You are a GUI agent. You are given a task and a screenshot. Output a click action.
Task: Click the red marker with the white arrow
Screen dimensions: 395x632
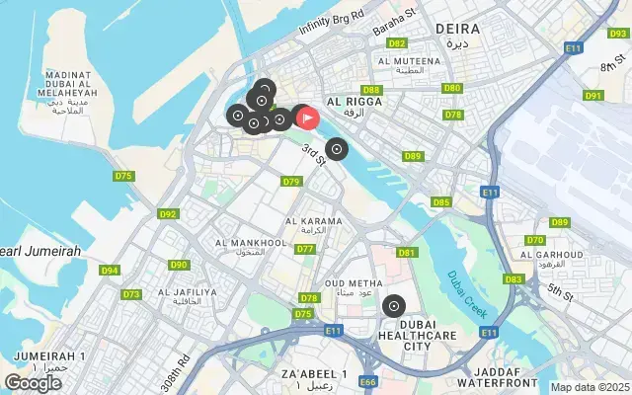pyautogui.click(x=307, y=118)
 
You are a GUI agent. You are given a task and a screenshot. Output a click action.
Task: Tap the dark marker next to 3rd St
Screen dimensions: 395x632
pyautogui.click(x=337, y=149)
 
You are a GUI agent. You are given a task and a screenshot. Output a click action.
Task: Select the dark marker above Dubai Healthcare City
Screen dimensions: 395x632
pyautogui.click(x=394, y=306)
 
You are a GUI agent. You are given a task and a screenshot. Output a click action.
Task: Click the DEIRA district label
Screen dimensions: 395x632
pyautogui.click(x=457, y=30)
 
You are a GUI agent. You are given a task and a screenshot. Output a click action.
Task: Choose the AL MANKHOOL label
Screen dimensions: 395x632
pyautogui.click(x=251, y=242)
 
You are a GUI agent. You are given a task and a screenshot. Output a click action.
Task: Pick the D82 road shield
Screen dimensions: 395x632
pyautogui.click(x=397, y=43)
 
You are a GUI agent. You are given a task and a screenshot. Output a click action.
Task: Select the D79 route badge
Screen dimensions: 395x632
pyautogui.click(x=290, y=182)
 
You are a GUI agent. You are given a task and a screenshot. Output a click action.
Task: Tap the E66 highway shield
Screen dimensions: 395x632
pyautogui.click(x=368, y=381)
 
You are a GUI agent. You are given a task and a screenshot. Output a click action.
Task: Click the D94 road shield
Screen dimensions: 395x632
pyautogui.click(x=109, y=271)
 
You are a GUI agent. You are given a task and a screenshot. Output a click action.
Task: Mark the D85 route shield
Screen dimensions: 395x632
pyautogui.click(x=440, y=202)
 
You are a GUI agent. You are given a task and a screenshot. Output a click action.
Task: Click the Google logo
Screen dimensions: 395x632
pyautogui.click(x=33, y=382)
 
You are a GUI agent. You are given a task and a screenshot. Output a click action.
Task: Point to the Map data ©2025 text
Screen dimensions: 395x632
pyautogui.click(x=590, y=387)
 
